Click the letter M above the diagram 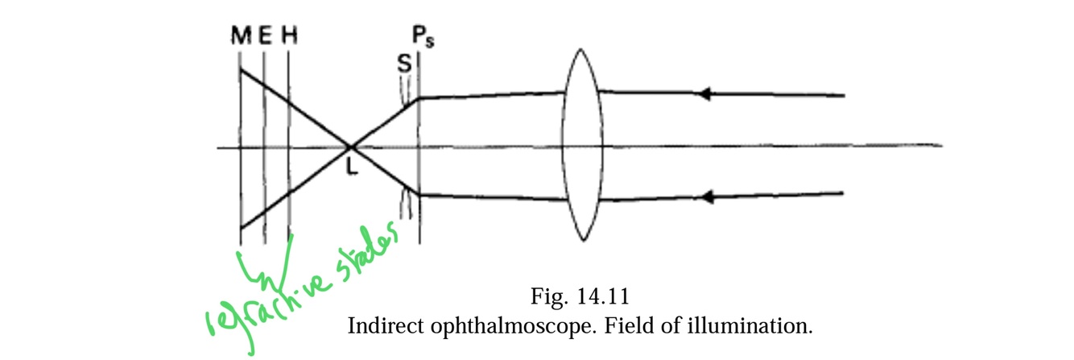[240, 36]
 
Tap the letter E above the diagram [265, 36]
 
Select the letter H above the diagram [288, 36]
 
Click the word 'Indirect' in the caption [379, 328]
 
